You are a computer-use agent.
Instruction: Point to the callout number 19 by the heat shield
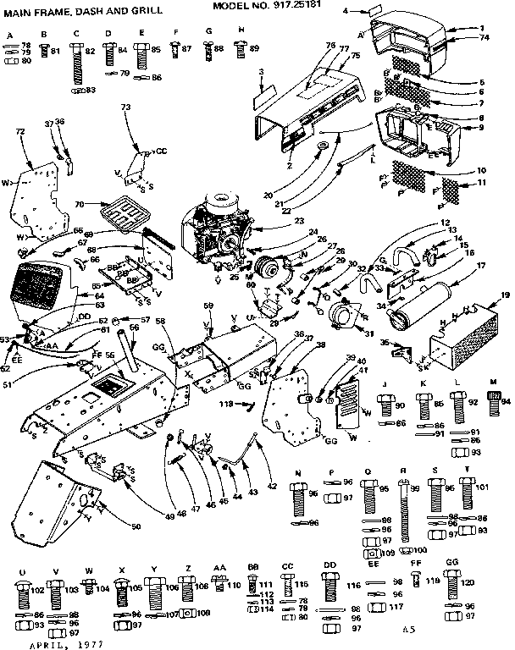[505, 295]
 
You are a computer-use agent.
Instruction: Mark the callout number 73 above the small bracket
[125, 107]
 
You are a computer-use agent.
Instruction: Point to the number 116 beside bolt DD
[353, 585]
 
